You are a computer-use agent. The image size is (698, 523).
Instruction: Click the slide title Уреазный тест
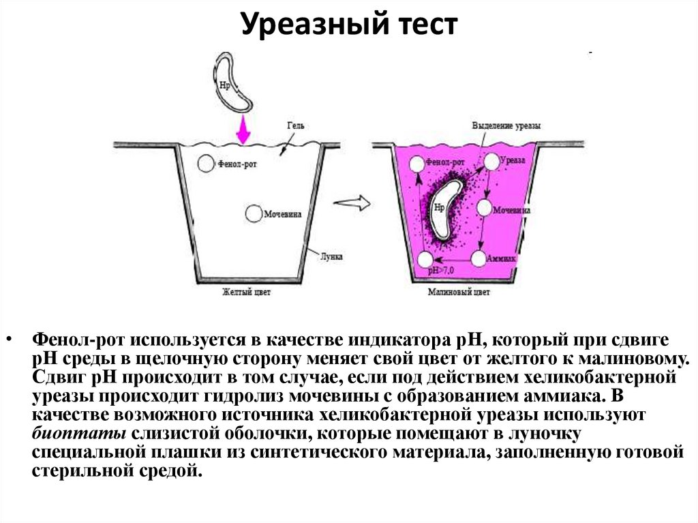coord(348,26)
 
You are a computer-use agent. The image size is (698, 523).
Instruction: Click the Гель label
coord(297,126)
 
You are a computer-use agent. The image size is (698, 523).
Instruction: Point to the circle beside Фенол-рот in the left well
coord(204,163)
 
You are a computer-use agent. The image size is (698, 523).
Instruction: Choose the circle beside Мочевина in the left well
coord(253,213)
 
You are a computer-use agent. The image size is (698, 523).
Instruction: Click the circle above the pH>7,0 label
coord(425,259)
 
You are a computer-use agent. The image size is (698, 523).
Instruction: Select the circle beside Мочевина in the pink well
coord(485,207)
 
